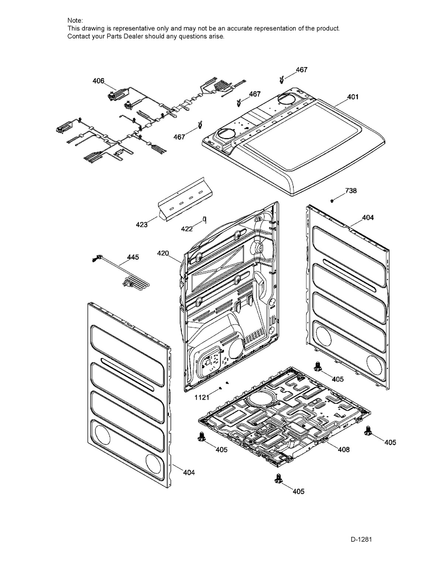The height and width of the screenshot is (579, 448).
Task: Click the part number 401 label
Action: pyautogui.click(x=353, y=97)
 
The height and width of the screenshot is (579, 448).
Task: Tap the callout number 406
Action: pyautogui.click(x=98, y=81)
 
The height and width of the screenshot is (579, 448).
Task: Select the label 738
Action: pyautogui.click(x=351, y=191)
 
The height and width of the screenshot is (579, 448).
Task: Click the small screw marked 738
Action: pyautogui.click(x=332, y=200)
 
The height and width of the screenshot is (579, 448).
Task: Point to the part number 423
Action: pyautogui.click(x=142, y=224)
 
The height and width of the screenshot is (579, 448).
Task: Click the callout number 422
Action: pyautogui.click(x=187, y=229)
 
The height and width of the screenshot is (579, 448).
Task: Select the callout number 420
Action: pyautogui.click(x=163, y=253)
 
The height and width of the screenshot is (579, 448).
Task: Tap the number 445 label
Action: pyautogui.click(x=133, y=257)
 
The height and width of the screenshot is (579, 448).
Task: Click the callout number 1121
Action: pyautogui.click(x=202, y=397)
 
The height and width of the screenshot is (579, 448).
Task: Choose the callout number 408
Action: pyautogui.click(x=344, y=449)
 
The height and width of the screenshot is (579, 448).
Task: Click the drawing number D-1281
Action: pyautogui.click(x=361, y=539)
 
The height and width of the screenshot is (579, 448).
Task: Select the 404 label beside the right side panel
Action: pyautogui.click(x=368, y=218)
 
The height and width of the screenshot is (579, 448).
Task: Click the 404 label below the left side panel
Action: pyautogui.click(x=189, y=472)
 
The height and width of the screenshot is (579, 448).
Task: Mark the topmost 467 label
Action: pyautogui.click(x=301, y=70)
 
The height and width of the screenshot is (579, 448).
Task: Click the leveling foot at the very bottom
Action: pyautogui.click(x=278, y=478)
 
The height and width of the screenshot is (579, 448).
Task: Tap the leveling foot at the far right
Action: pyautogui.click(x=368, y=430)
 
